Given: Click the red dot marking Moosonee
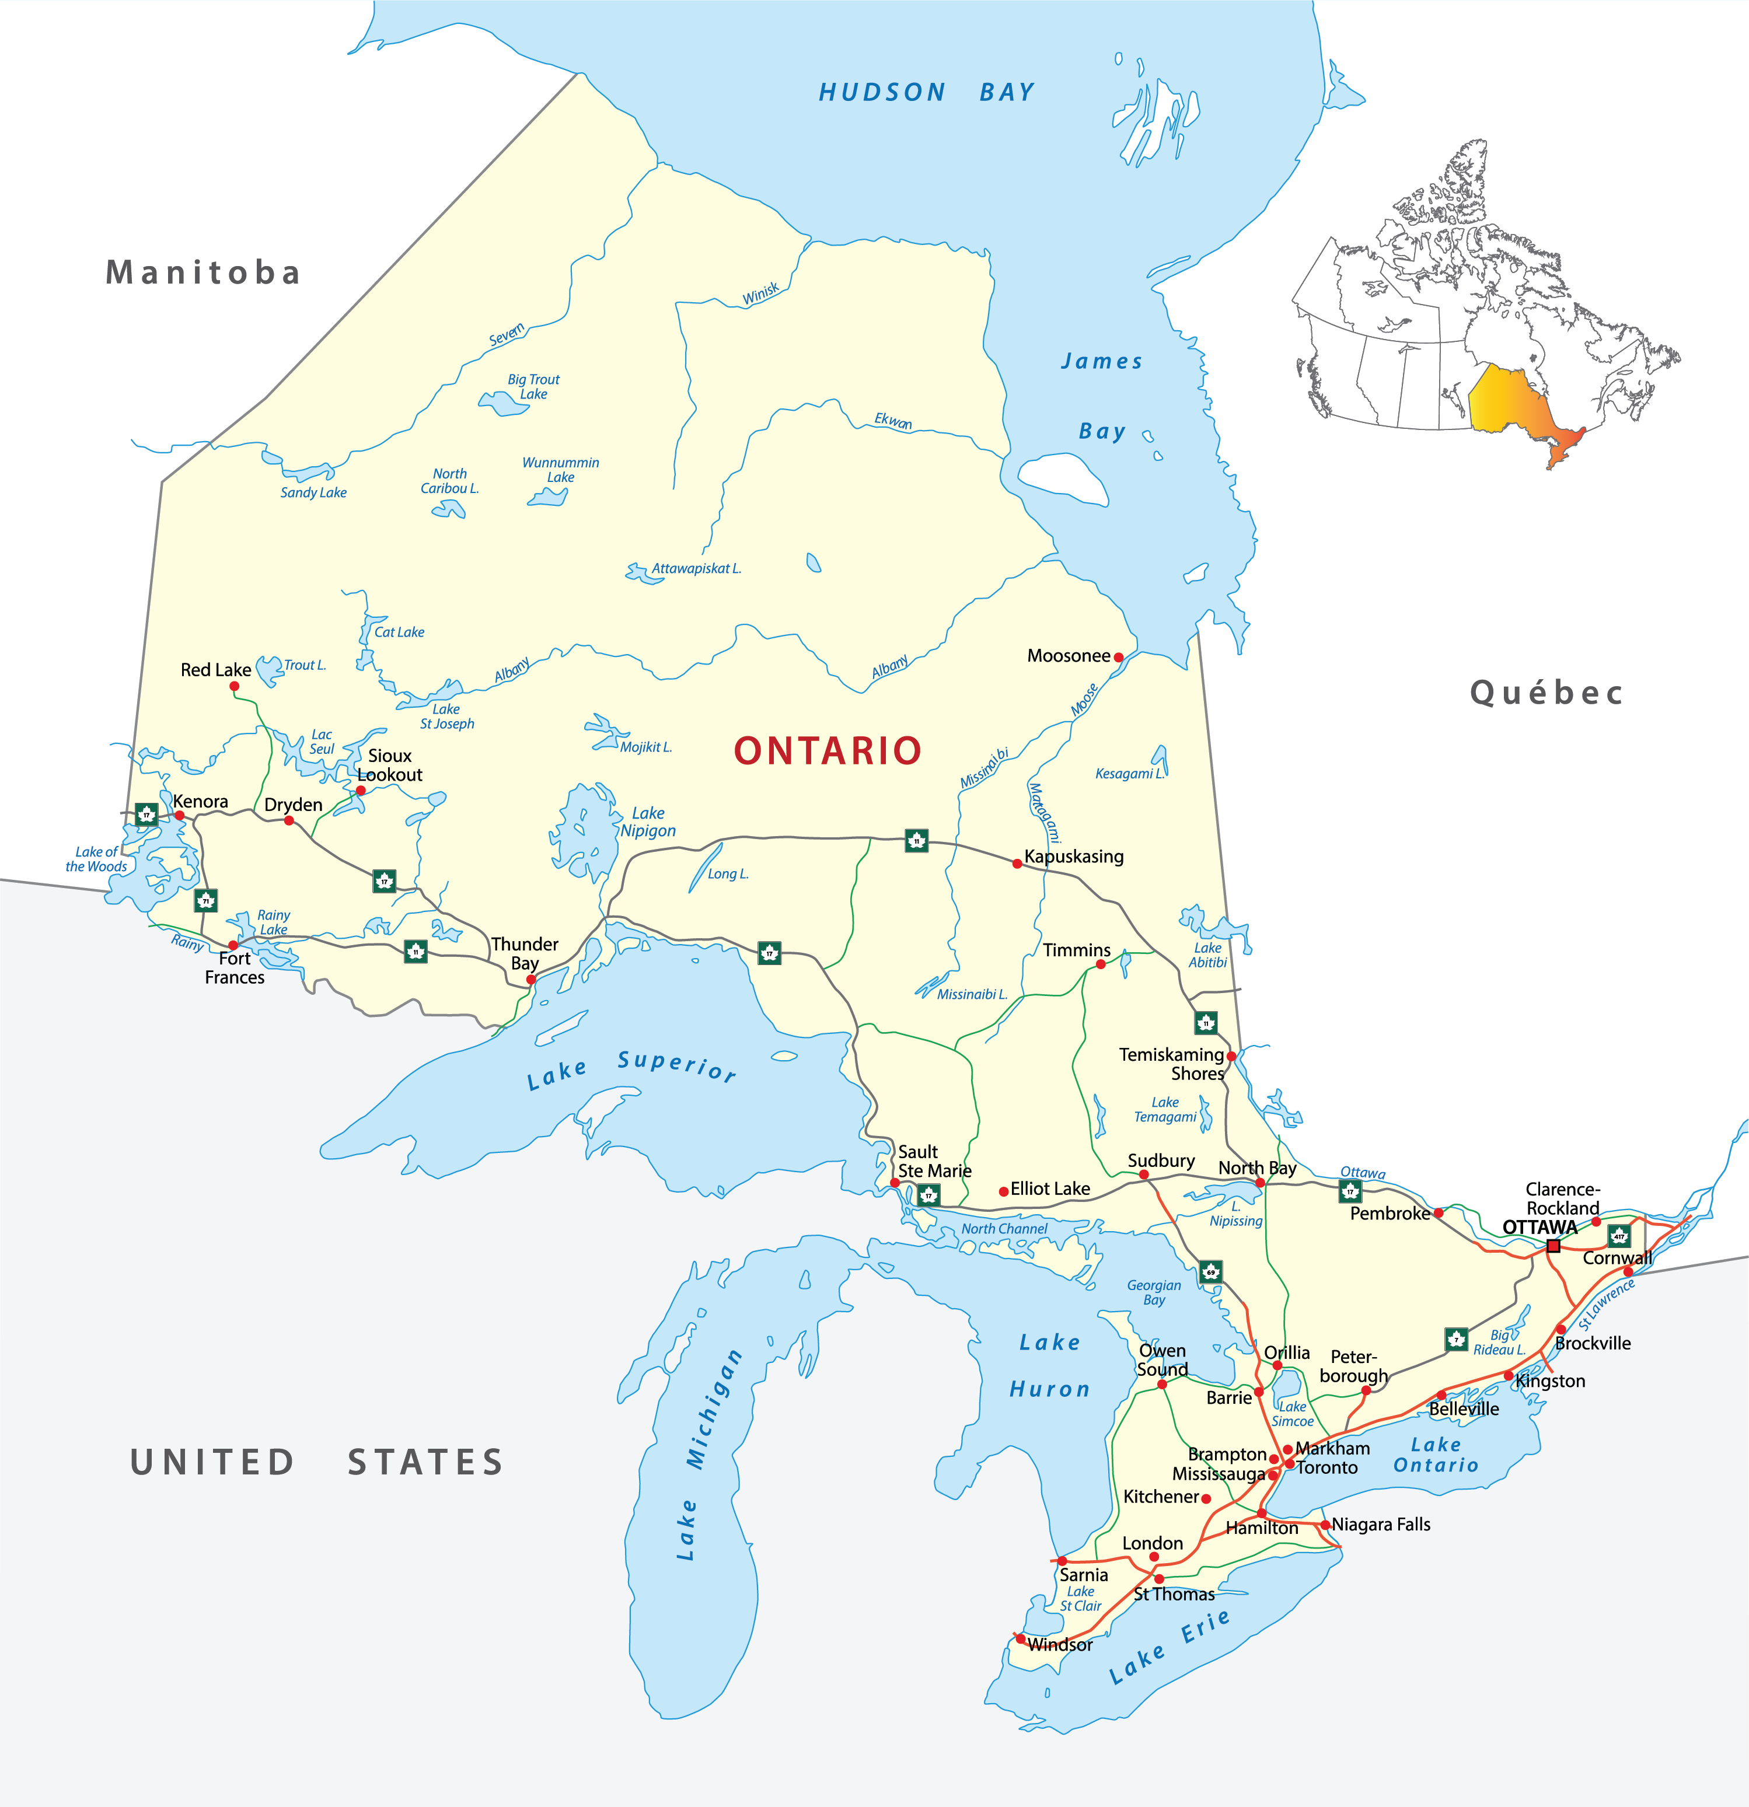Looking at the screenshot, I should pyautogui.click(x=1118, y=658).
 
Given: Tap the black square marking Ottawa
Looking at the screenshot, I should pyautogui.click(x=1553, y=1246).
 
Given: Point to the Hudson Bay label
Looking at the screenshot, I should pyautogui.click(x=927, y=92).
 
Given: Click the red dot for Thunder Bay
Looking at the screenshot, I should pyautogui.click(x=531, y=979).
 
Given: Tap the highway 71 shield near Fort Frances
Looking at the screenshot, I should pyautogui.click(x=205, y=901).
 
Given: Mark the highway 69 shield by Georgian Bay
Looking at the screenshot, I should pyautogui.click(x=1210, y=1273).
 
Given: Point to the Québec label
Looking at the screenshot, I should pyautogui.click(x=1546, y=693).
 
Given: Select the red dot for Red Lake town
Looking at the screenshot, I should pyautogui.click(x=234, y=686).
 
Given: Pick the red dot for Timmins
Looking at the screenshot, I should pyautogui.click(x=1100, y=964).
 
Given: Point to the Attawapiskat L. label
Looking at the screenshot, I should pyautogui.click(x=696, y=569).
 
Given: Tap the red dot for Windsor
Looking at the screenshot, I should pyautogui.click(x=1020, y=1638).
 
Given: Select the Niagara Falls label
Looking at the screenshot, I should pyautogui.click(x=1380, y=1524).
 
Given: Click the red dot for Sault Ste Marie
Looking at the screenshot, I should pyautogui.click(x=894, y=1182).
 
